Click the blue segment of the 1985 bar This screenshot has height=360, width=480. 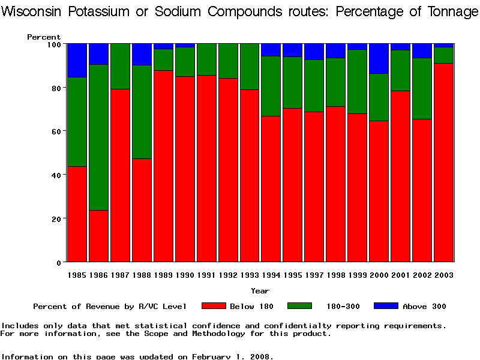pyautogui.click(x=78, y=60)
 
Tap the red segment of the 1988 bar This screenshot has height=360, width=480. pyautogui.click(x=142, y=210)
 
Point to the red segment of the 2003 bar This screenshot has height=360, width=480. pyautogui.click(x=444, y=162)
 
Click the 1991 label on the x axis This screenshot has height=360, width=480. pyautogui.click(x=207, y=275)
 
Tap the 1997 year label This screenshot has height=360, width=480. pyautogui.click(x=314, y=275)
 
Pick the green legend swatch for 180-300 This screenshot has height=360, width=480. pyautogui.click(x=300, y=306)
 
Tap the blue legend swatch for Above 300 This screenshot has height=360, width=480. pyautogui.click(x=386, y=306)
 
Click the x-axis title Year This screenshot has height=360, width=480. pyautogui.click(x=260, y=291)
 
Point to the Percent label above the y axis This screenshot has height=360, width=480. pyautogui.click(x=44, y=37)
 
